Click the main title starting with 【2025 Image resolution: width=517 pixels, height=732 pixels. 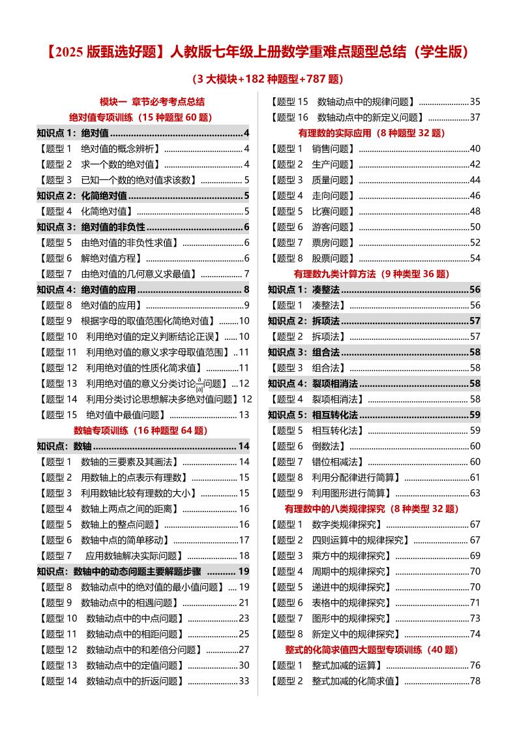tap(258, 52)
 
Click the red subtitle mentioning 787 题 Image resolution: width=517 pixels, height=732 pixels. tap(258, 80)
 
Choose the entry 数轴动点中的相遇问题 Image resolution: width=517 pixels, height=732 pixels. tap(126, 602)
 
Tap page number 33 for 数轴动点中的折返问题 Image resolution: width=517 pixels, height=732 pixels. tap(244, 680)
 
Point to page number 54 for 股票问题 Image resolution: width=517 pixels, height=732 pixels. tap(475, 258)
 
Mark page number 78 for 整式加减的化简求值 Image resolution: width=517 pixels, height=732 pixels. tap(475, 680)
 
